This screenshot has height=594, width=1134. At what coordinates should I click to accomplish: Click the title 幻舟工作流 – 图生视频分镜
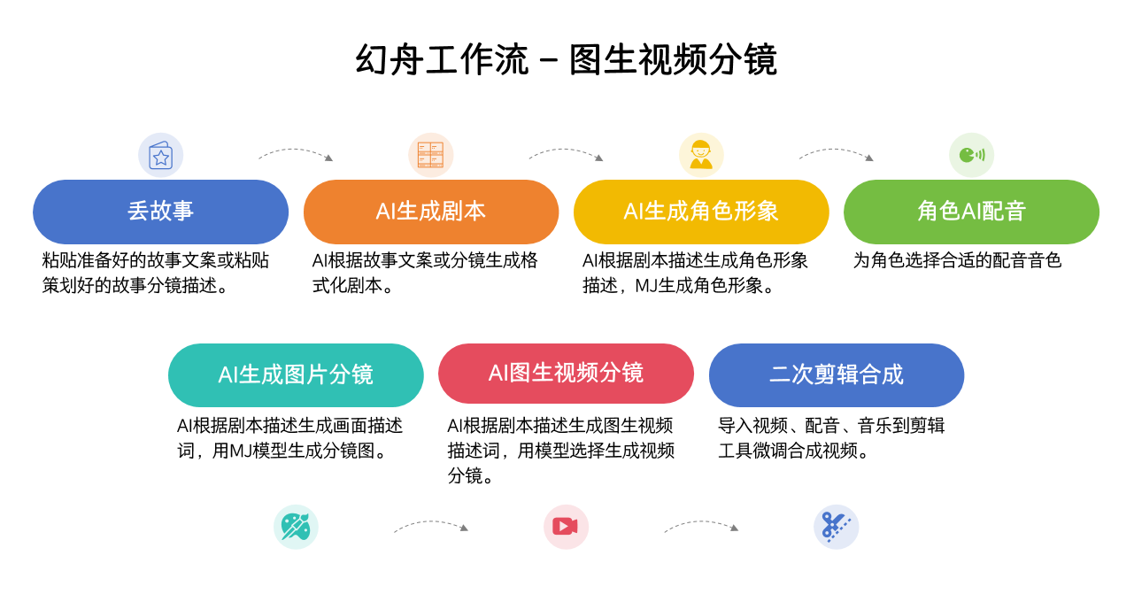pyautogui.click(x=566, y=60)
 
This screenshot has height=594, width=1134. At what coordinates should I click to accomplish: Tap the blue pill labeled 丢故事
pyautogui.click(x=160, y=212)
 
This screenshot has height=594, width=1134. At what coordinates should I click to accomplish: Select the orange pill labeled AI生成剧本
pyautogui.click(x=431, y=212)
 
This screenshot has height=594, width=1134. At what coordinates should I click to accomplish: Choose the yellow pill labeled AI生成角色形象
pyautogui.click(x=701, y=212)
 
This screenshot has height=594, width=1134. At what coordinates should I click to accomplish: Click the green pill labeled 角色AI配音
pyautogui.click(x=971, y=212)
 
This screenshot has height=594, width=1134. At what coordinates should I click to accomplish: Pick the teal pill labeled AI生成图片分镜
pyautogui.click(x=296, y=374)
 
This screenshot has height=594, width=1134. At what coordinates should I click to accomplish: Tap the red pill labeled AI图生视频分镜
pyautogui.click(x=566, y=373)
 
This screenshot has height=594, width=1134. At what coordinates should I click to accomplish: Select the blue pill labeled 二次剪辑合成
pyautogui.click(x=837, y=374)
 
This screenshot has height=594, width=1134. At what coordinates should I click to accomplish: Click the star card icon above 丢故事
pyautogui.click(x=160, y=156)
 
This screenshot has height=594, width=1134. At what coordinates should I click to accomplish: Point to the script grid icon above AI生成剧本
pyautogui.click(x=431, y=155)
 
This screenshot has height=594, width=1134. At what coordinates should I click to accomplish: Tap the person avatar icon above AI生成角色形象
pyautogui.click(x=701, y=155)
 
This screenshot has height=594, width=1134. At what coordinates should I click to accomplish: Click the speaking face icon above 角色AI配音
pyautogui.click(x=971, y=155)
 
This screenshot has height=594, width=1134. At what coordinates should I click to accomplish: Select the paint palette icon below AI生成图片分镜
pyautogui.click(x=296, y=527)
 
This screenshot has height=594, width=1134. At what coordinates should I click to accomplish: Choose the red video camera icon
pyautogui.click(x=566, y=527)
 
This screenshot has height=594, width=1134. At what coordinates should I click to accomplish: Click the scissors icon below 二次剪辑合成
pyautogui.click(x=836, y=527)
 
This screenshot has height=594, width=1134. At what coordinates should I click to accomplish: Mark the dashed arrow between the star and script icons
pyautogui.click(x=296, y=152)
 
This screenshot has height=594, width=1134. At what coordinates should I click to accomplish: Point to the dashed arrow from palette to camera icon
pyautogui.click(x=431, y=524)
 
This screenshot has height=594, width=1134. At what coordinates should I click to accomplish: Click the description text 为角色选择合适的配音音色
pyautogui.click(x=957, y=260)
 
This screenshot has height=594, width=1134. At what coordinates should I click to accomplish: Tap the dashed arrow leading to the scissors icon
pyautogui.click(x=701, y=524)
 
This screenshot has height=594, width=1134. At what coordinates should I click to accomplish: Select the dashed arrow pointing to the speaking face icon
pyautogui.click(x=836, y=152)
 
